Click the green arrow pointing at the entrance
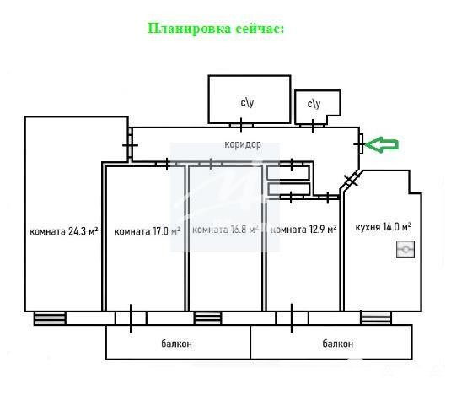(x=382, y=144)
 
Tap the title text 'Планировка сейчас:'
(x=216, y=29)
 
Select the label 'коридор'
(x=243, y=144)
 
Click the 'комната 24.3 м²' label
(x=64, y=231)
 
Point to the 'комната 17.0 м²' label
(x=148, y=231)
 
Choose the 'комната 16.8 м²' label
(x=225, y=230)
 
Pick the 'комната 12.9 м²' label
(x=303, y=230)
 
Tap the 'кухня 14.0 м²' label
(x=383, y=227)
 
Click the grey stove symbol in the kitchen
(x=405, y=249)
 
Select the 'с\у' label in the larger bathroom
(x=247, y=102)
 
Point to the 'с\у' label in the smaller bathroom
(x=314, y=104)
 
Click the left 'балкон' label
(x=176, y=344)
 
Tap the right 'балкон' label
(x=338, y=344)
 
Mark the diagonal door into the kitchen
(x=352, y=181)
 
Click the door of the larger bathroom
(x=241, y=125)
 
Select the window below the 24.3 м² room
(x=50, y=318)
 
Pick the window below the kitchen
(x=376, y=318)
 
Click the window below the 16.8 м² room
(x=208, y=318)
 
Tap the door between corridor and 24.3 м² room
(x=131, y=145)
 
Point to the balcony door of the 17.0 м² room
(x=131, y=318)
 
